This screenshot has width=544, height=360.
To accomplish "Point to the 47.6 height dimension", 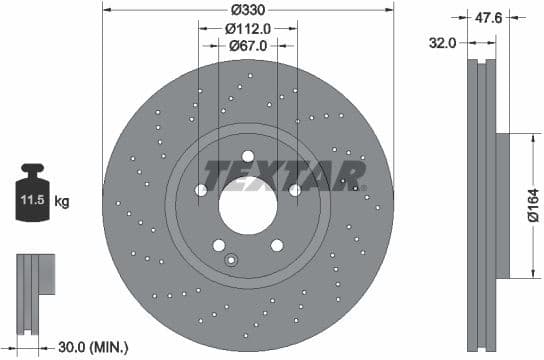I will (489, 16).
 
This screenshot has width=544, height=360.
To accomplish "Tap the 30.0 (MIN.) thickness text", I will (93, 347).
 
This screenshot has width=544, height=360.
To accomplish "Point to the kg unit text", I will (62, 202).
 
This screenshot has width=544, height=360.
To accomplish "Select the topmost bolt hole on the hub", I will (247, 154).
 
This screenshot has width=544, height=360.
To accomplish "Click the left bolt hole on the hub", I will (200, 190).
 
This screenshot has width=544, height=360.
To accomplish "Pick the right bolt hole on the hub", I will (295, 190).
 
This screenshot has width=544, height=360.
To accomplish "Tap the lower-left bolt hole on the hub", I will (218, 245).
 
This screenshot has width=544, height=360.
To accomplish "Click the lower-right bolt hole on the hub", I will (276, 245).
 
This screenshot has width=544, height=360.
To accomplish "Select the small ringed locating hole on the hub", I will (231, 262).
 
